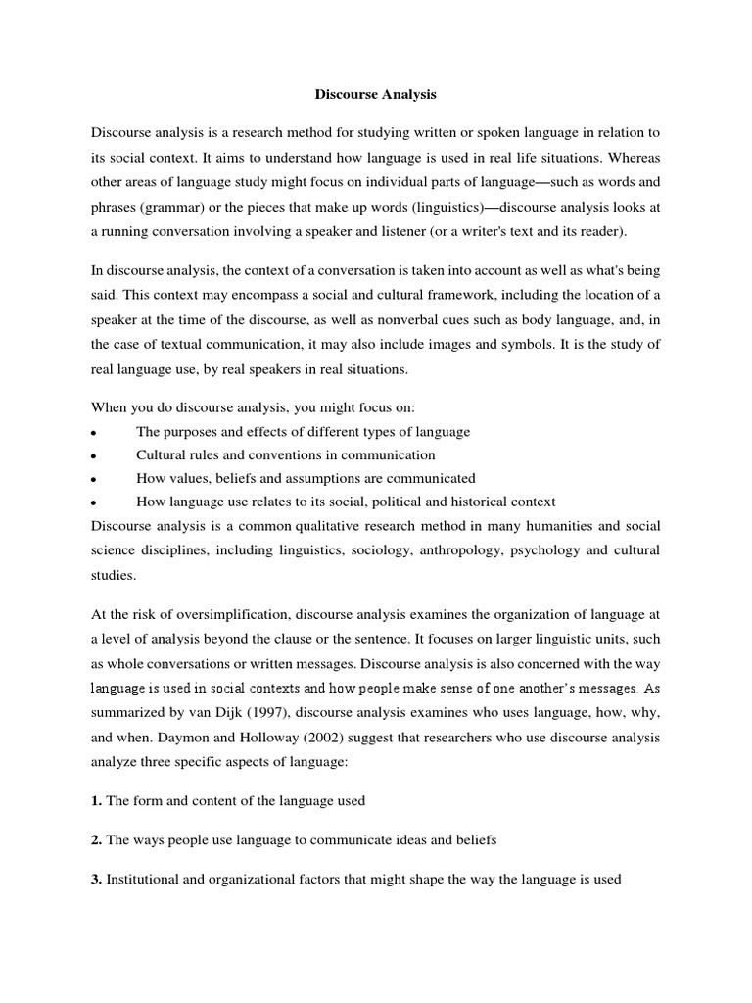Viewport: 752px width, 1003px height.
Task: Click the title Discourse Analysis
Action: coord(376,95)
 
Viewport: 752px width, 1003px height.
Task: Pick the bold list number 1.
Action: coord(96,801)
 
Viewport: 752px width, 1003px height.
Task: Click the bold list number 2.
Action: coord(96,840)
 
